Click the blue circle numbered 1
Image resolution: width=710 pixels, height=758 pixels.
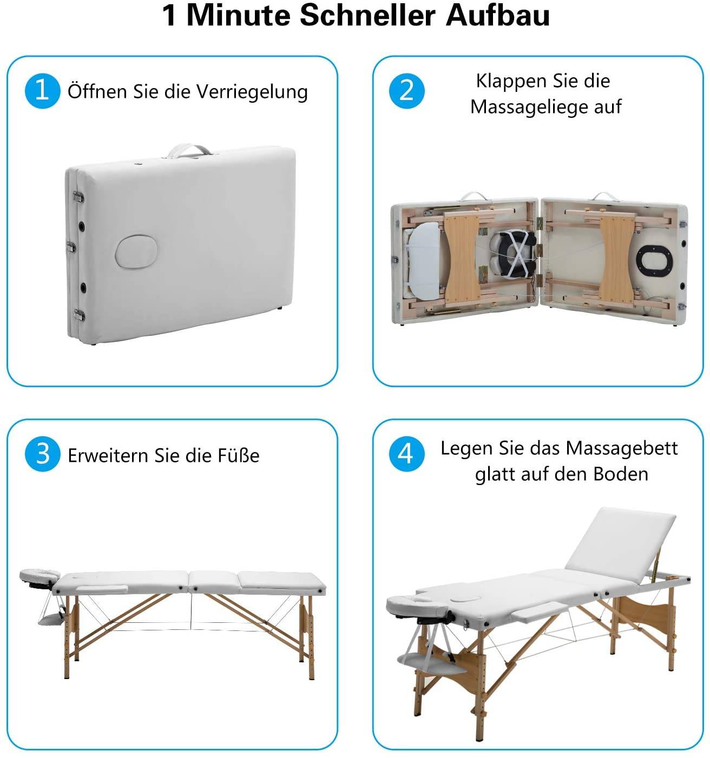(42, 91)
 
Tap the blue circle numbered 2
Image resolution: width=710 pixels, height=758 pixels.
(406, 91)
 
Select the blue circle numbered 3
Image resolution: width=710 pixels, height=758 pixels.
(42, 454)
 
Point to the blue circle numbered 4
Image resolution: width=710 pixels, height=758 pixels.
(406, 454)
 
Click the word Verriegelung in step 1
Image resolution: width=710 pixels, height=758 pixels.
(252, 92)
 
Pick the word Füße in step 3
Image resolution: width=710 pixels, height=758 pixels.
(239, 455)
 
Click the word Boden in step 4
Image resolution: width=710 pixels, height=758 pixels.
(621, 474)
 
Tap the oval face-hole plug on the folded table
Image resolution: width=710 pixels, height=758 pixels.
(136, 251)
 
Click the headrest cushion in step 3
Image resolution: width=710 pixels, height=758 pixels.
(40, 575)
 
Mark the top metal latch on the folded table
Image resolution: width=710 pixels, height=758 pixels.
(78, 197)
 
